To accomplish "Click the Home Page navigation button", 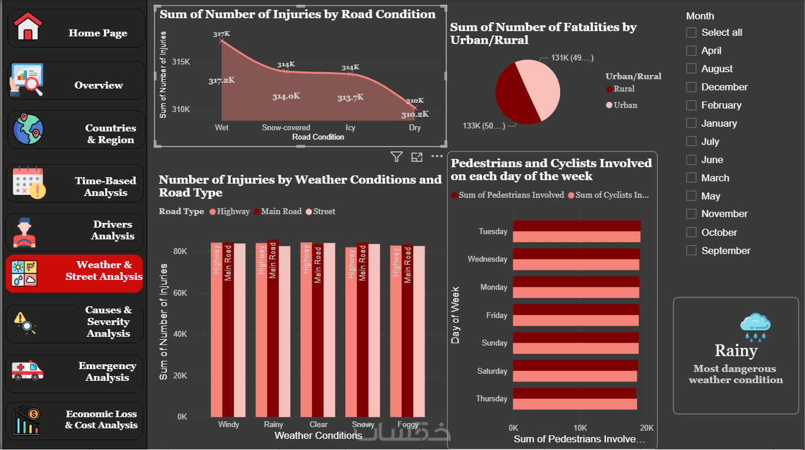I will pyautogui.click(x=76, y=29).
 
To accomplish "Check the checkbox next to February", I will pyautogui.click(x=692, y=105).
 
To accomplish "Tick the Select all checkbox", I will pyautogui.click(x=692, y=33).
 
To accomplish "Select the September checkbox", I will pyautogui.click(x=692, y=251).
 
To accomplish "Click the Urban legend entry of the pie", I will pyautogui.click(x=622, y=105).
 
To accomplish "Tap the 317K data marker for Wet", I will pyautogui.click(x=221, y=40).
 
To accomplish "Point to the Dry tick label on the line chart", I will pyautogui.click(x=415, y=127).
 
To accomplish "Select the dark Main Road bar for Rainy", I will pyautogui.click(x=273, y=329).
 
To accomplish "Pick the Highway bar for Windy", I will pyautogui.click(x=217, y=329).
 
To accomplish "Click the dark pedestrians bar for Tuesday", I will pyautogui.click(x=576, y=226).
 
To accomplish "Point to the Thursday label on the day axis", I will pyautogui.click(x=491, y=399).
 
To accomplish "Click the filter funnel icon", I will pyautogui.click(x=396, y=157).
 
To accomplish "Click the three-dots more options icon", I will pyautogui.click(x=437, y=157).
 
